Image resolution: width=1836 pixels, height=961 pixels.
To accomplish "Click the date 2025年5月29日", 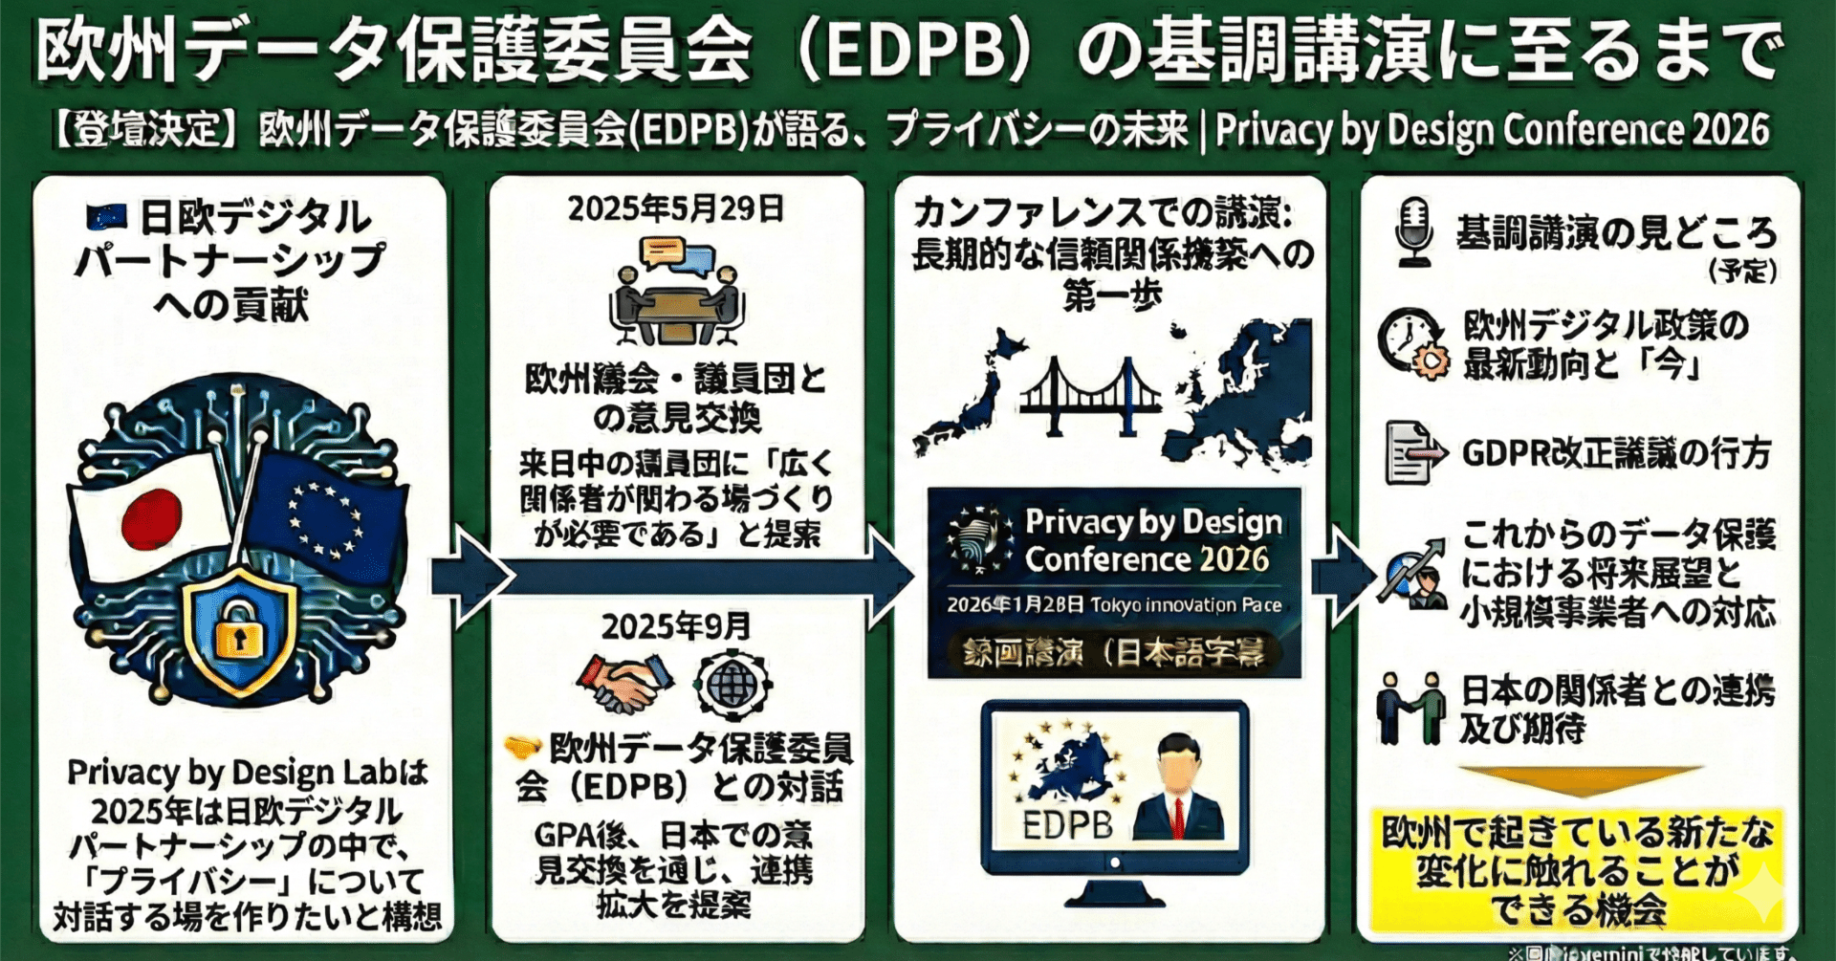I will pos(675,208).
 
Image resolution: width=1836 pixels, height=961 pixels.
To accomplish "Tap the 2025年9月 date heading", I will pos(675,627).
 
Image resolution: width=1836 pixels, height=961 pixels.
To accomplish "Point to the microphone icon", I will pos(1413,230).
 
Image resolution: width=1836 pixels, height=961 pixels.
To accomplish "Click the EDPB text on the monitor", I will pos(1067,825).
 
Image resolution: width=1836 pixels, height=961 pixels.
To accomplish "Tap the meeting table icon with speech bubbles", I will pos(676,292).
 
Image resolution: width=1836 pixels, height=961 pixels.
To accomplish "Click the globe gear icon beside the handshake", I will pos(732,684).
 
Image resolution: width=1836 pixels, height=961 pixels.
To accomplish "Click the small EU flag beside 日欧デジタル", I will pos(106,217).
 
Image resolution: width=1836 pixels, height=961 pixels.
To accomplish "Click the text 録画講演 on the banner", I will pos(1022,653).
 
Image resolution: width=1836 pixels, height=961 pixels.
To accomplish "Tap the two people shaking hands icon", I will pos(1410,707).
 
